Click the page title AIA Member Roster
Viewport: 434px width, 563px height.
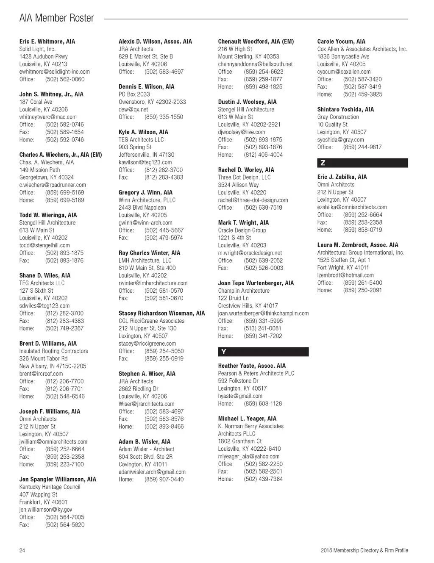click(x=57, y=18)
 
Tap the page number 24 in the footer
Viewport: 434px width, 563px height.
click(x=22, y=550)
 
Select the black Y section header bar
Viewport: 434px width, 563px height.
click(x=263, y=352)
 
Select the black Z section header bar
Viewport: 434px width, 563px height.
click(x=362, y=163)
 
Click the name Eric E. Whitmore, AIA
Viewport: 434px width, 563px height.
click(x=47, y=42)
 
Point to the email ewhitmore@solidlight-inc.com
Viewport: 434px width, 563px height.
click(x=54, y=72)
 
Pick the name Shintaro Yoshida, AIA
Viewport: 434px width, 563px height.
click(x=345, y=109)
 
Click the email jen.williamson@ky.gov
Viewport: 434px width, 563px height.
click(x=46, y=510)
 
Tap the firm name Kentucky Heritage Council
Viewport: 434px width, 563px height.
click(x=50, y=487)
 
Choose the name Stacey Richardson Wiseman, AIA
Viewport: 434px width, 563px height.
click(x=161, y=313)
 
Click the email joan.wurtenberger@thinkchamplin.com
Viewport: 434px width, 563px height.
click(x=263, y=313)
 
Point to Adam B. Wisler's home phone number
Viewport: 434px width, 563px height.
click(x=164, y=480)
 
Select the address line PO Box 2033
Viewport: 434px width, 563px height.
click(x=134, y=94)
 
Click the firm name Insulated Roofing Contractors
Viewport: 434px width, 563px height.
click(x=54, y=351)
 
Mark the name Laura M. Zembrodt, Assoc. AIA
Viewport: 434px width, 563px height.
click(x=358, y=245)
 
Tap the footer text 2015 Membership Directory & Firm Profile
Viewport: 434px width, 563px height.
click(x=364, y=550)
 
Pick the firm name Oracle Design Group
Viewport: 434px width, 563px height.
click(x=242, y=230)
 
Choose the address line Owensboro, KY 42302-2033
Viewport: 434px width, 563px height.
click(x=152, y=102)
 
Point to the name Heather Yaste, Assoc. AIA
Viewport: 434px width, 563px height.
click(x=252, y=366)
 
